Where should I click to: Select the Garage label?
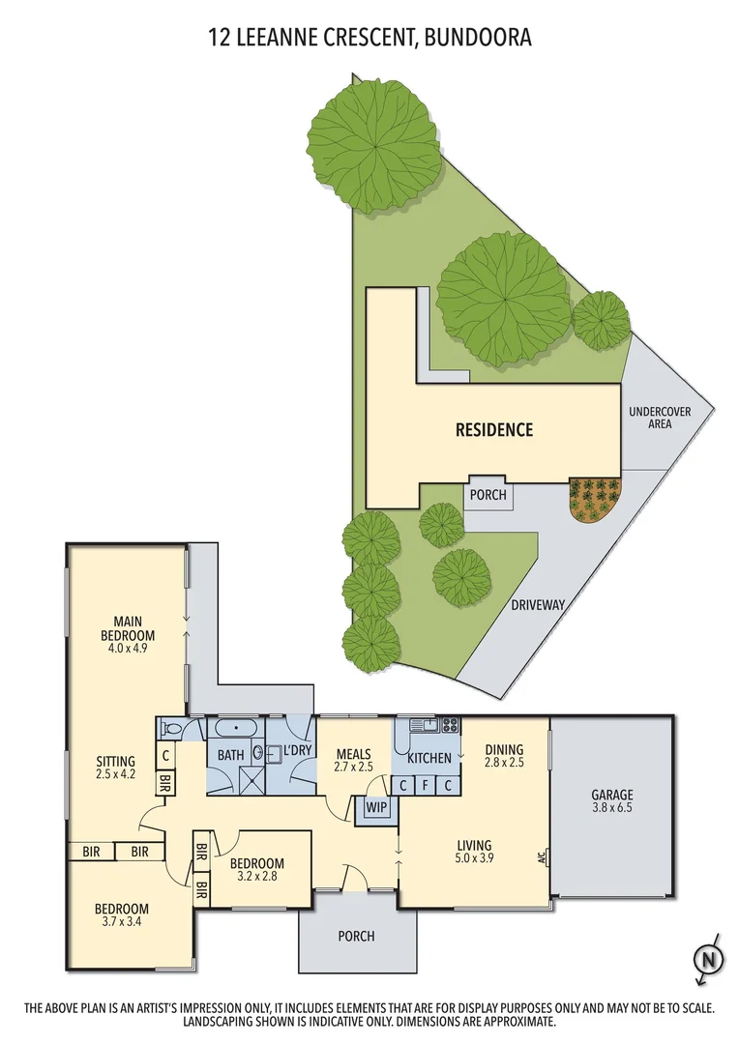click(611, 796)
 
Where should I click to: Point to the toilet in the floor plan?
click(172, 729)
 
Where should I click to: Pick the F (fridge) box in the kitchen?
click(426, 785)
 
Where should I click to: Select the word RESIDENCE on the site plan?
click(494, 430)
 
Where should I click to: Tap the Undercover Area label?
click(660, 418)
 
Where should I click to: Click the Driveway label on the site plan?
click(537, 606)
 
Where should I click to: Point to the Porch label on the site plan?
click(488, 495)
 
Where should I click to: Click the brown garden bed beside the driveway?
click(594, 499)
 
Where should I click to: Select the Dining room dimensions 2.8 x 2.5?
click(504, 763)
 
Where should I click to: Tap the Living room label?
click(474, 846)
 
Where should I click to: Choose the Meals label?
click(354, 753)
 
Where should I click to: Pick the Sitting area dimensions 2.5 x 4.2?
click(116, 774)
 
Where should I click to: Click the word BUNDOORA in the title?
click(476, 38)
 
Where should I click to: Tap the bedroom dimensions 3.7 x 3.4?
click(121, 922)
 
